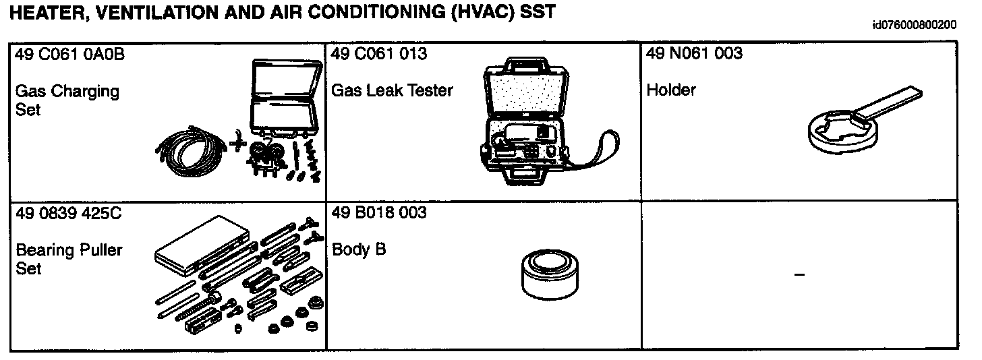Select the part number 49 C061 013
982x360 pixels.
click(x=379, y=54)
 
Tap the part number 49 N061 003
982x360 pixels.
click(x=694, y=54)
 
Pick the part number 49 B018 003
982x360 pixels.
click(x=379, y=213)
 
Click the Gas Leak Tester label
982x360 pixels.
click(x=392, y=90)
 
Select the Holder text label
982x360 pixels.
click(x=670, y=90)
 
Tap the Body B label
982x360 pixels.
click(x=359, y=249)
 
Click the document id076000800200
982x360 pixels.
click(x=914, y=26)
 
